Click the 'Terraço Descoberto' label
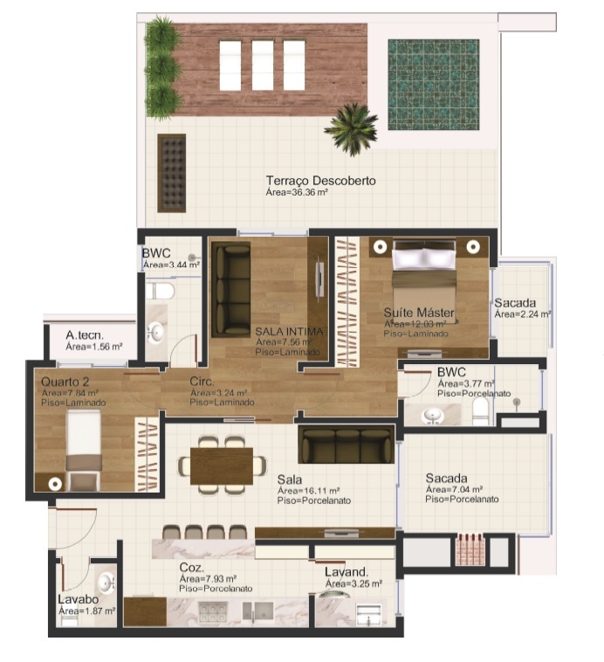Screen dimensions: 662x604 (320, 181)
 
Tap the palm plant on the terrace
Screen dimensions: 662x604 (351, 128)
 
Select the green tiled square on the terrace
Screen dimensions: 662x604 (434, 84)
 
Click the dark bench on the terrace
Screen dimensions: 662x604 (172, 173)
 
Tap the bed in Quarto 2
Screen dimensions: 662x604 (83, 445)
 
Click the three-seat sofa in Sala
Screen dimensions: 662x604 (345, 445)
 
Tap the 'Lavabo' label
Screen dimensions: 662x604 (77, 600)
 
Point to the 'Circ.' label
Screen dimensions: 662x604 (202, 382)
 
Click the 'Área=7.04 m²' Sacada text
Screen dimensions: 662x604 (451, 489)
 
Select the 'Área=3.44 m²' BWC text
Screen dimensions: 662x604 (171, 264)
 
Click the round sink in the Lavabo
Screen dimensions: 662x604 (106, 582)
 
